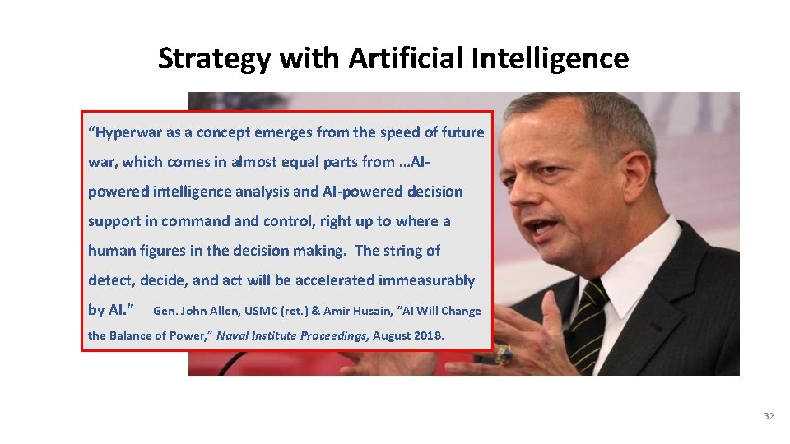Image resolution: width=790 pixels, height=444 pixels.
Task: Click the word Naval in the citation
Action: pos(234,335)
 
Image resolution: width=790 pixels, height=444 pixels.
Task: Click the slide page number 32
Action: pos(769,417)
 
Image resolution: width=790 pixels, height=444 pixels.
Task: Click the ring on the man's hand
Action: pos(504,354)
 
